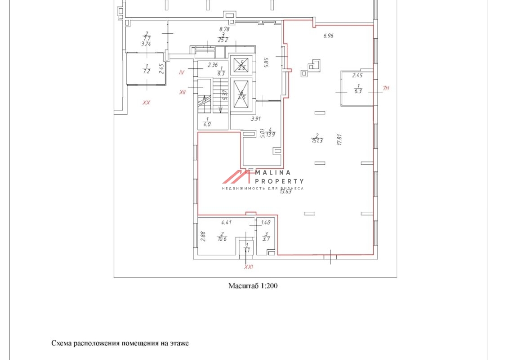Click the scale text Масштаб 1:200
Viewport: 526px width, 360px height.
[x=253, y=286]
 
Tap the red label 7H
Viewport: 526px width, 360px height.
[x=386, y=89]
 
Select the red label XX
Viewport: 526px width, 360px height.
[x=146, y=103]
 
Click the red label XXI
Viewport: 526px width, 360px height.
[x=249, y=267]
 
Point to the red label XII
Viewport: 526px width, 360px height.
[x=183, y=92]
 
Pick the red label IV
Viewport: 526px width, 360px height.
[x=182, y=72]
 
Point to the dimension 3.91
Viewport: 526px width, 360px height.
[x=255, y=119]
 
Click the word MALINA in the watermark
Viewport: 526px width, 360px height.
[x=273, y=172]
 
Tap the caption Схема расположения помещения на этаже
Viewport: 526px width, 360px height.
[x=120, y=343]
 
